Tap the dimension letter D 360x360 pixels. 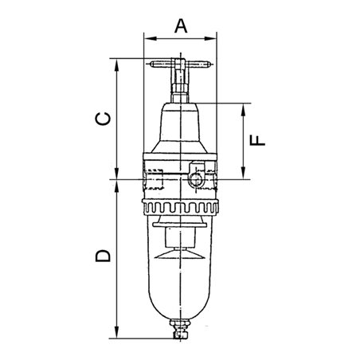coord(102,256)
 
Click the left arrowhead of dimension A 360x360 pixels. coord(146,36)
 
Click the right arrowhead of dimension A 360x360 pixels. coord(213,36)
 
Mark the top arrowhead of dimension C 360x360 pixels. coord(117,62)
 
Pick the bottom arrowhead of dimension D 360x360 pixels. coord(117,334)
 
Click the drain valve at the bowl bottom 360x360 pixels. coord(181,328)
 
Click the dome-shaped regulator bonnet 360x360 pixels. coord(181,127)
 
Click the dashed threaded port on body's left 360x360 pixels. coord(155,179)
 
